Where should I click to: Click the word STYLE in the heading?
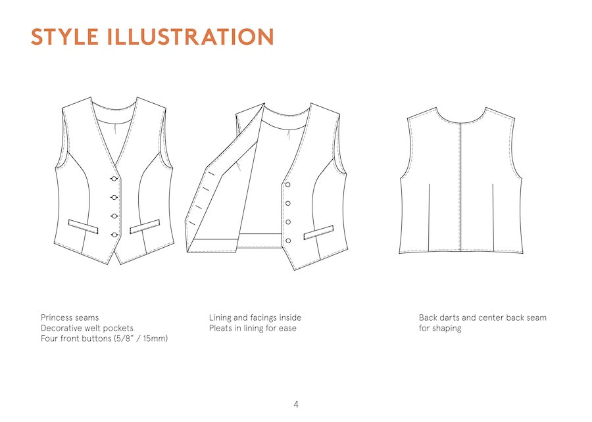64,37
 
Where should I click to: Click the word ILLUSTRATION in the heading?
191,37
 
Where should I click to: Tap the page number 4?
296,404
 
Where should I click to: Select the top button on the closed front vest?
114,178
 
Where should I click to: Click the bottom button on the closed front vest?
114,235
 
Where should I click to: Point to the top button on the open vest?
287,185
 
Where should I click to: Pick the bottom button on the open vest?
288,241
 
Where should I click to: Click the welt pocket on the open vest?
318,232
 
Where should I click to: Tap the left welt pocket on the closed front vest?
83,226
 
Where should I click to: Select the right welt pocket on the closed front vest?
145,226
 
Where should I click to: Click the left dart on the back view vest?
429,218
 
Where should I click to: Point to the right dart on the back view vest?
493,218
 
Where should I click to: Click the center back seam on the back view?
460,187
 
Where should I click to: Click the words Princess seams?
70,317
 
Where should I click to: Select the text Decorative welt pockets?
87,328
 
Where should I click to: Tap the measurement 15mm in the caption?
155,339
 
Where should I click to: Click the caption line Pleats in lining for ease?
253,328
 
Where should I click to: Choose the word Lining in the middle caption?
220,317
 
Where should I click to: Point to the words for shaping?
440,328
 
